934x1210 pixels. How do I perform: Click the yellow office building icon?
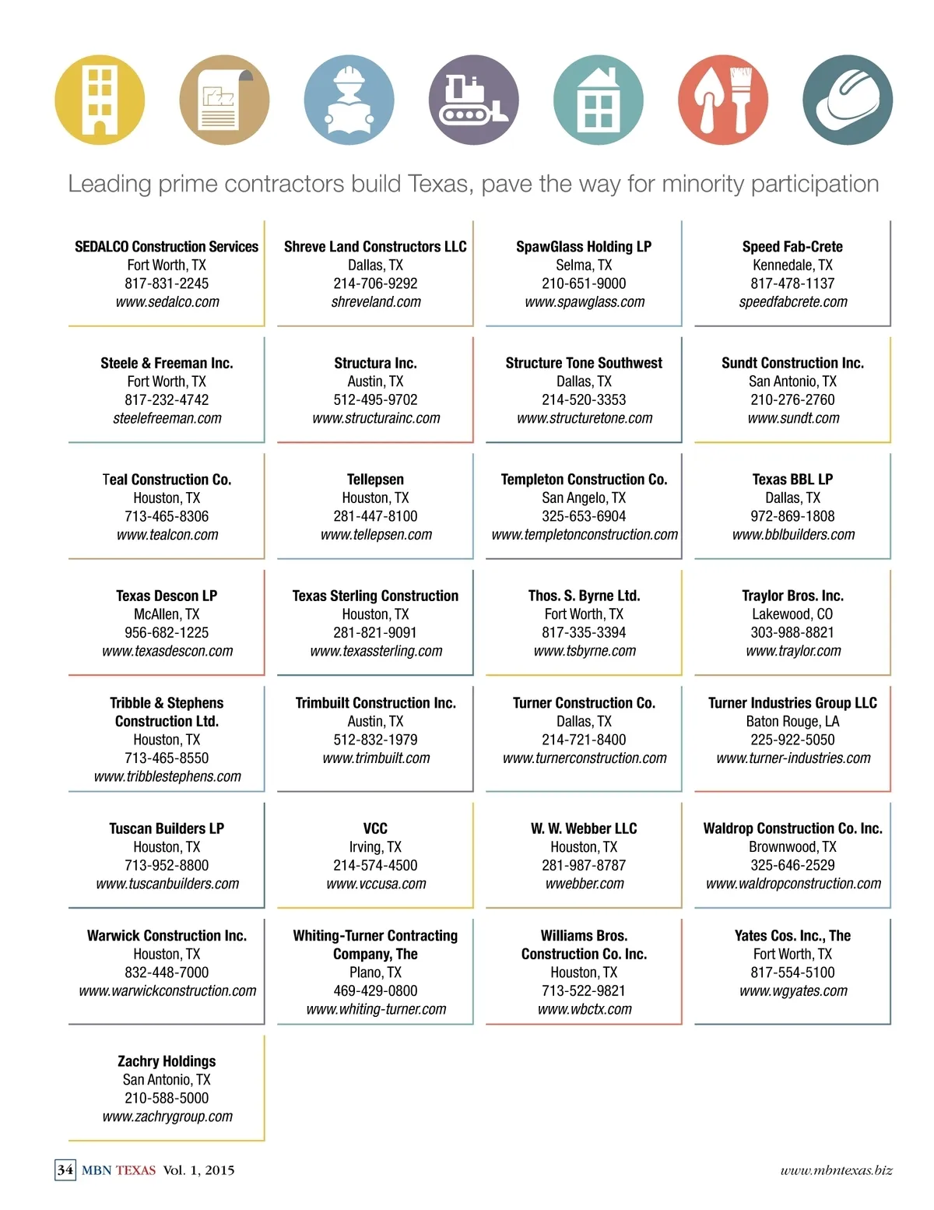(x=100, y=100)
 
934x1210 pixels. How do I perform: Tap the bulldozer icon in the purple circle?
(x=473, y=100)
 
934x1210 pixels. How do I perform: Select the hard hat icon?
(x=848, y=100)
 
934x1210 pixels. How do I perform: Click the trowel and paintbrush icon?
(x=723, y=100)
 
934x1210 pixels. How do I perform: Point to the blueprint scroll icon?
(x=224, y=100)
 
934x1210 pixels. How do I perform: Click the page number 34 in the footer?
(x=65, y=1170)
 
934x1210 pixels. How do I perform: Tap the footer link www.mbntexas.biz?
(x=836, y=1170)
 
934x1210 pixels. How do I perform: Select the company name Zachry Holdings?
(x=167, y=1061)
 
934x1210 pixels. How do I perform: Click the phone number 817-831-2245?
(x=167, y=283)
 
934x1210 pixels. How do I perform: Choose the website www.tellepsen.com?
(x=376, y=535)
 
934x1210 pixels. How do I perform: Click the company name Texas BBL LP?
(x=792, y=480)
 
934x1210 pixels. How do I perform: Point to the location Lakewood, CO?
(x=792, y=614)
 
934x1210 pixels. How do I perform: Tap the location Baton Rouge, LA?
(x=792, y=722)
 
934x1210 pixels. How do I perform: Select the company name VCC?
(x=375, y=828)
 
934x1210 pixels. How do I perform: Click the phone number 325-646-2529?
(x=792, y=865)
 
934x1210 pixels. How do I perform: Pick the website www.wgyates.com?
(x=793, y=991)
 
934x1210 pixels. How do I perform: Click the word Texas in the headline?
(x=438, y=184)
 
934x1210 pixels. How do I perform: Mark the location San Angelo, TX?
(x=584, y=498)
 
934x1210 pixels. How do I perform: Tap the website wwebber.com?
(x=585, y=884)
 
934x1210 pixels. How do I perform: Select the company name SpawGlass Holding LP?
(x=584, y=247)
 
